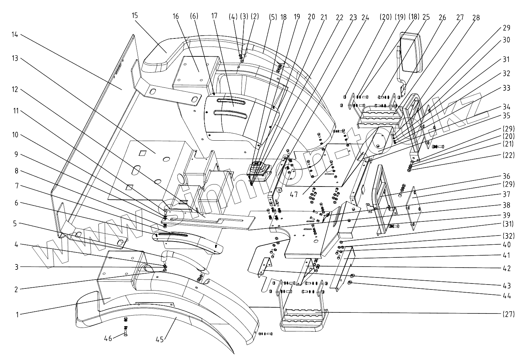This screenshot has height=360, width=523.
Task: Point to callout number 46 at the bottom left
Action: pos(108,338)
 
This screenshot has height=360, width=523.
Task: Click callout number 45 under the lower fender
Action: pos(160,340)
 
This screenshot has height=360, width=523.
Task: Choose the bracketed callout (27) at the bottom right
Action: pos(508,313)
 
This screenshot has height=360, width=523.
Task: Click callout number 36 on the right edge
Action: pos(506,176)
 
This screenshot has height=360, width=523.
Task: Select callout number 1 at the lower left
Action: pos(17,315)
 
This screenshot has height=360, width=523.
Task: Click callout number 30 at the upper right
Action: pos(506,40)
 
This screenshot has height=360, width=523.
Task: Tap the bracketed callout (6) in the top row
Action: pos(194,16)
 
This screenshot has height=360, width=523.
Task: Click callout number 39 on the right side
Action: pos(506,215)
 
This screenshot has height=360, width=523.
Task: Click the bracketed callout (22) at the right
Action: pos(508,155)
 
